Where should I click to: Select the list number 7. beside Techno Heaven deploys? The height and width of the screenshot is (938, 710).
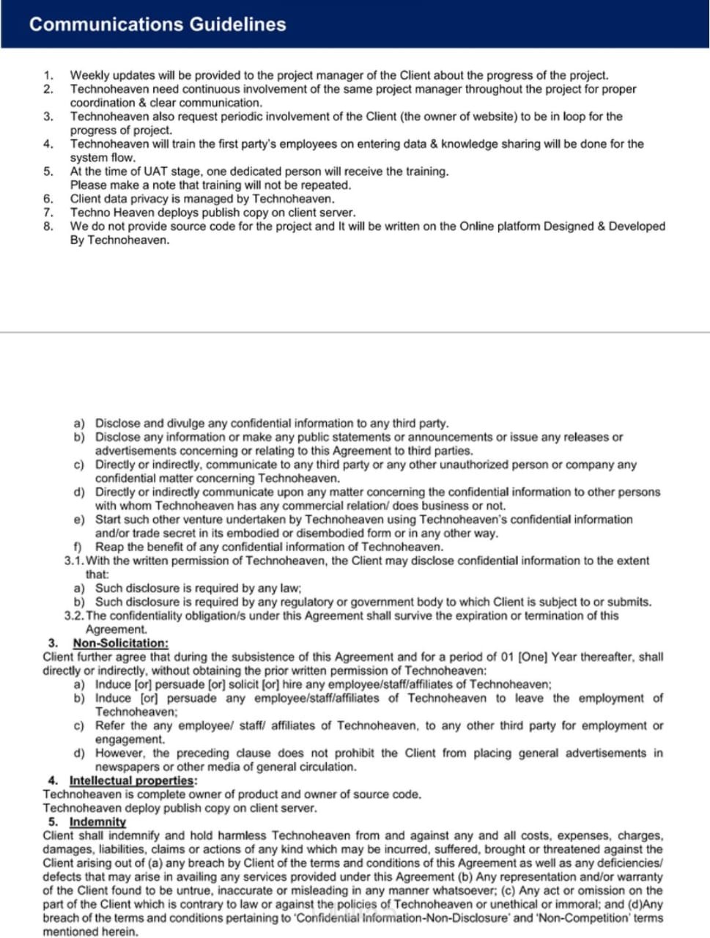point(48,213)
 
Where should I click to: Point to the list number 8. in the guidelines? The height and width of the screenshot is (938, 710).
point(48,226)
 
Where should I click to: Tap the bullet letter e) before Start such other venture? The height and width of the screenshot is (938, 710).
point(79,520)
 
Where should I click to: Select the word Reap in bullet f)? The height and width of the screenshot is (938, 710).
point(109,547)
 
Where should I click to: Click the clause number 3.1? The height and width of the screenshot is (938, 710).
point(74,561)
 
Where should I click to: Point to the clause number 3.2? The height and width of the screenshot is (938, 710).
point(74,616)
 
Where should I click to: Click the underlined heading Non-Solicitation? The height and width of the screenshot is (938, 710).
point(120,643)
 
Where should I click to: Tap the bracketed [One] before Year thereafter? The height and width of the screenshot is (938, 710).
point(533,657)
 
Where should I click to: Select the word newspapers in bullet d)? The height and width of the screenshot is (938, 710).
point(126,767)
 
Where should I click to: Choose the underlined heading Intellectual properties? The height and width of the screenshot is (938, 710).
point(132,780)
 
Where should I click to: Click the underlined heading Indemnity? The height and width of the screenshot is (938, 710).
point(97,821)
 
